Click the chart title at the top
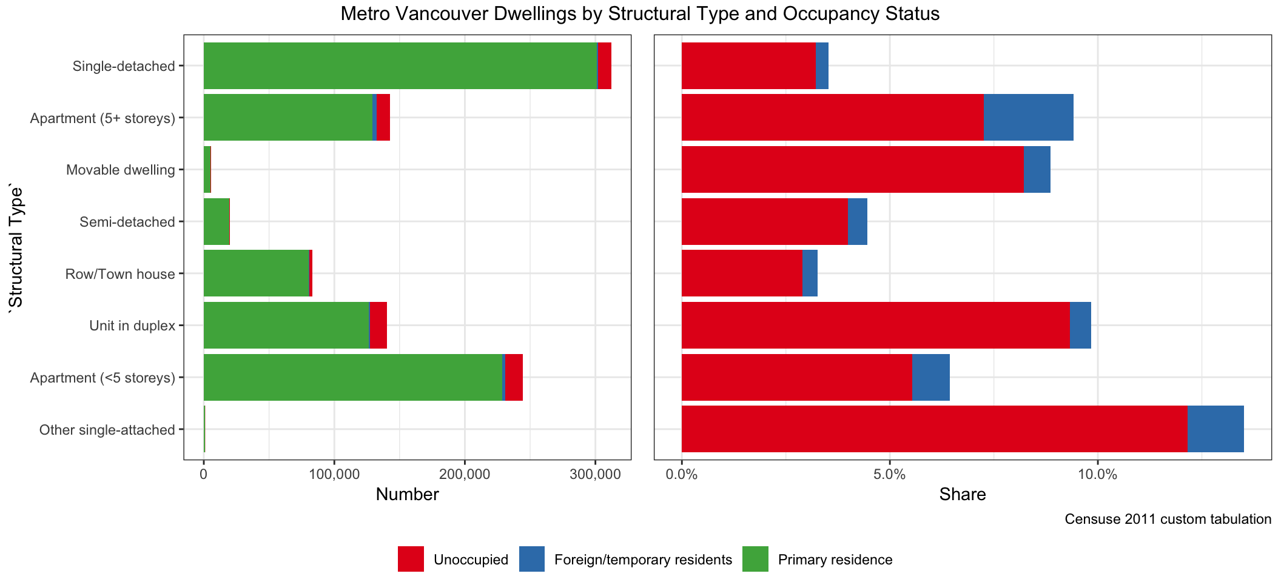click(640, 13)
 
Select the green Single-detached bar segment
click(400, 65)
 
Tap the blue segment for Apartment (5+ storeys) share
click(1028, 118)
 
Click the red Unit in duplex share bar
click(875, 326)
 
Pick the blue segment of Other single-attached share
click(1215, 429)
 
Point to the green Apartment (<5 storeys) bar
click(352, 378)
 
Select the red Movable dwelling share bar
click(852, 170)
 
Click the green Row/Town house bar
click(256, 273)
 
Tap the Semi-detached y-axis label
click(127, 222)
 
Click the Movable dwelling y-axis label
click(121, 170)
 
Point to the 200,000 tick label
click(465, 474)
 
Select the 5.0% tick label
click(889, 474)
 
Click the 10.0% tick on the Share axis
click(1097, 474)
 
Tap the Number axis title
click(407, 495)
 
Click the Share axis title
click(963, 495)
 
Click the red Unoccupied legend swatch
click(411, 559)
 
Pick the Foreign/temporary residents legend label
click(643, 560)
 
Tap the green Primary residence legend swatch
click(755, 559)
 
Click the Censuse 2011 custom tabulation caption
click(1168, 519)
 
